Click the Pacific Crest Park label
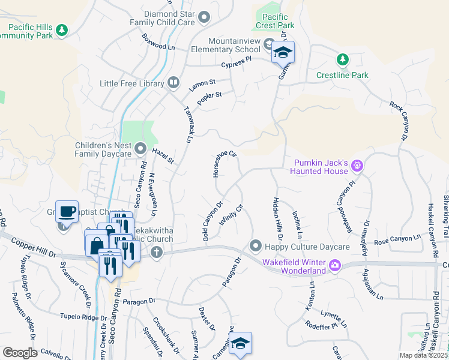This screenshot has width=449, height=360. click(x=278, y=21)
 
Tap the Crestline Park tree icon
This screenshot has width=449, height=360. click(x=342, y=59)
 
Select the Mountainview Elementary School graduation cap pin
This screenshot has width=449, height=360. click(x=283, y=53)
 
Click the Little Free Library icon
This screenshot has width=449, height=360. click(x=173, y=82)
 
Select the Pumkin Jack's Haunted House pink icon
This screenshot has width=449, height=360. click(x=358, y=164)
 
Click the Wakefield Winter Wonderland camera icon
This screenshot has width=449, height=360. click(x=335, y=265)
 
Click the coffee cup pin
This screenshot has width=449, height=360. click(x=67, y=211)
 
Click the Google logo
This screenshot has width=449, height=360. click(x=20, y=353)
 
